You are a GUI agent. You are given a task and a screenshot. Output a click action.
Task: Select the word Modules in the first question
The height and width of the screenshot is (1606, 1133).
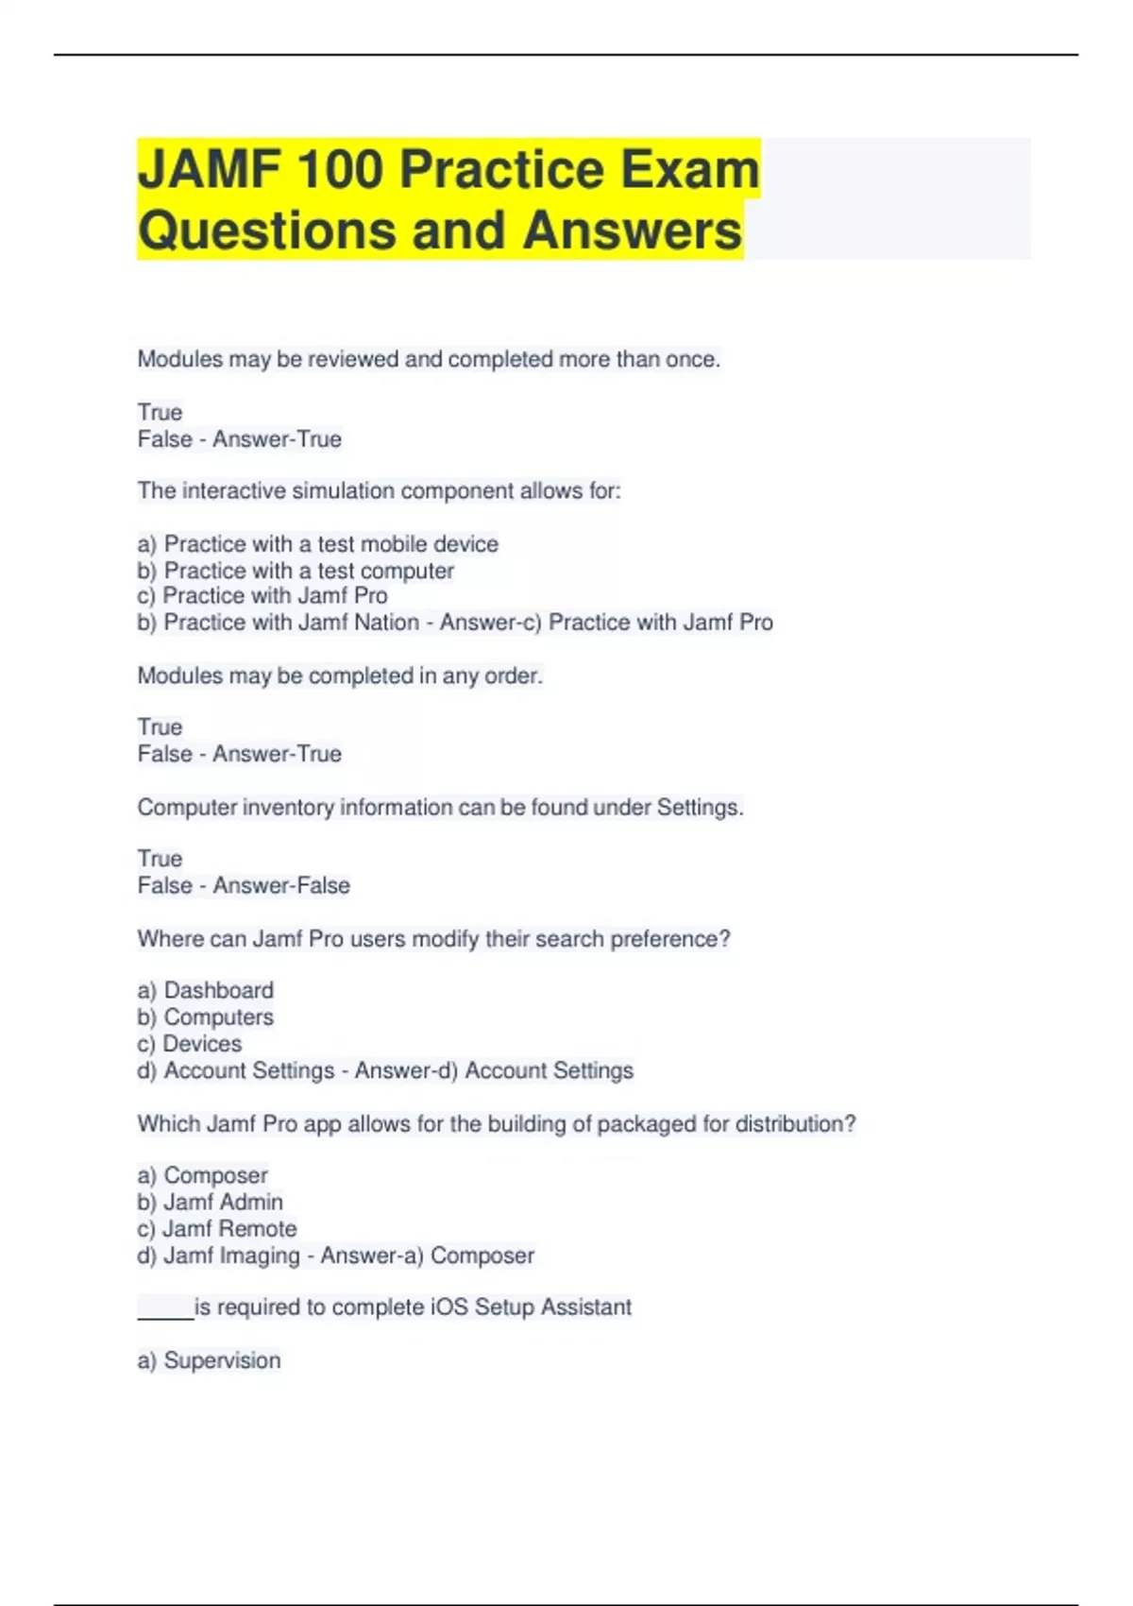point(179,359)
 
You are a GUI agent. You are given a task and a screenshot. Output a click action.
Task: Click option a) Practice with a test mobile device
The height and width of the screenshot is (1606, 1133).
point(317,544)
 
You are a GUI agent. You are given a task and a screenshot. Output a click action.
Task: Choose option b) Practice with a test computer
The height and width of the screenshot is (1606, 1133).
point(296,571)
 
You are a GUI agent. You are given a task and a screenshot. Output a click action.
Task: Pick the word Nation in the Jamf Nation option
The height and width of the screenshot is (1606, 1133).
point(386,623)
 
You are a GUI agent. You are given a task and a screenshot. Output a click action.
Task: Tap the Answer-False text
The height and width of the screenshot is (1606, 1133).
point(281,886)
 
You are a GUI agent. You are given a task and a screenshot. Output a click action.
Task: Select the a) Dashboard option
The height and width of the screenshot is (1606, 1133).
point(205,990)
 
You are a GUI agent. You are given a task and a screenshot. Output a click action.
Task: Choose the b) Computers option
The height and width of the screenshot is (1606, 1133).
point(205,1017)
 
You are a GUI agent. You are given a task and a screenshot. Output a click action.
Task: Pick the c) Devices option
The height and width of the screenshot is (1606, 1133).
point(189,1044)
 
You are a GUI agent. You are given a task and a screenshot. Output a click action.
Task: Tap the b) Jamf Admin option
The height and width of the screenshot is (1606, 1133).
point(210,1202)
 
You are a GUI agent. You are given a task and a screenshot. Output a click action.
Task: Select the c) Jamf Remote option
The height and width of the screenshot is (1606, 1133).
point(216,1229)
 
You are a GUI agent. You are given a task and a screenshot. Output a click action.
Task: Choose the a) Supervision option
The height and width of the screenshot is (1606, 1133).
point(209,1360)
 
